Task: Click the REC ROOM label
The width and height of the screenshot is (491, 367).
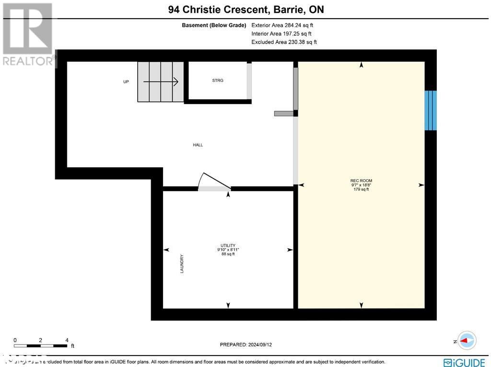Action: [x=361, y=181]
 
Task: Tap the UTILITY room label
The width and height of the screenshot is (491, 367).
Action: [x=228, y=245]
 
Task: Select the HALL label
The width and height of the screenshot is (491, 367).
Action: [x=198, y=145]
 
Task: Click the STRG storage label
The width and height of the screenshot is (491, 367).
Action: [x=218, y=80]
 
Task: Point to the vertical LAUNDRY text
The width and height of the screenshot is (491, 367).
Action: [x=182, y=264]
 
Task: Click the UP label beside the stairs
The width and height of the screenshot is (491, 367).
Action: [x=126, y=82]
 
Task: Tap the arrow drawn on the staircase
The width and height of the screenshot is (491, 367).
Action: [x=161, y=82]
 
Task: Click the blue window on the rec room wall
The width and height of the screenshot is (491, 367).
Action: [x=431, y=110]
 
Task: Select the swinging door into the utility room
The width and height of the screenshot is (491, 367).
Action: [x=214, y=183]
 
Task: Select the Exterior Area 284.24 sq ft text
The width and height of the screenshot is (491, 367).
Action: [x=282, y=25]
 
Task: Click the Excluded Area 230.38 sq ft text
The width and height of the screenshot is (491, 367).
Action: [x=284, y=42]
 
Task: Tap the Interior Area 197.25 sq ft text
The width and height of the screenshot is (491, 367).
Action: [x=281, y=34]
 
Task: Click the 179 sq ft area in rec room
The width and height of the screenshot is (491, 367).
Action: [x=361, y=189]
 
